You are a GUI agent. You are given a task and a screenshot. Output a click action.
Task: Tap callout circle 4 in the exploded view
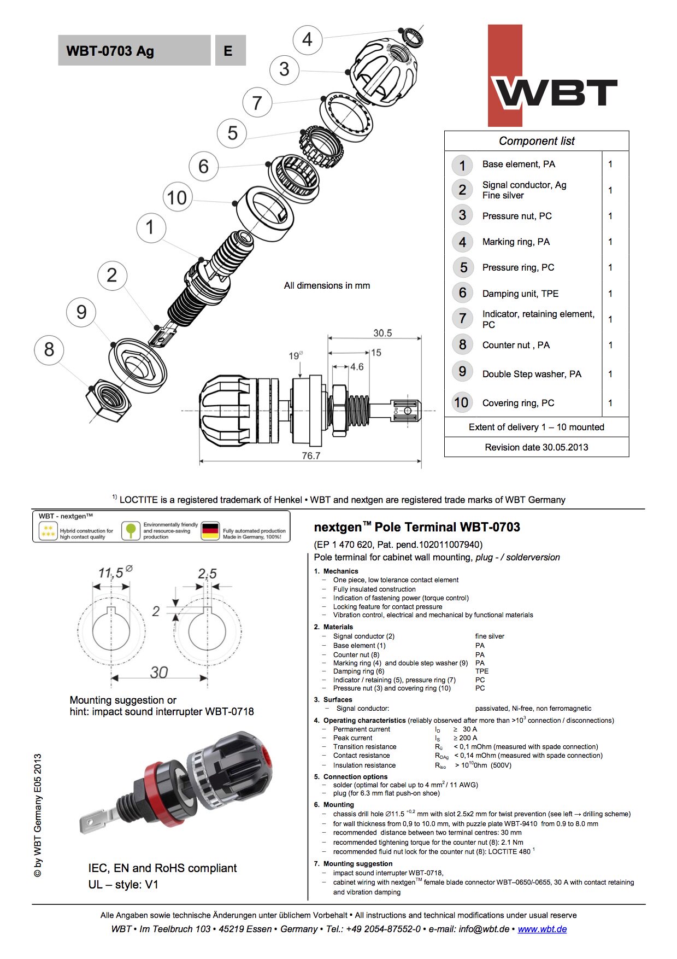308,39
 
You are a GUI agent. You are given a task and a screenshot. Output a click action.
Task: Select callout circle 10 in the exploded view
177,197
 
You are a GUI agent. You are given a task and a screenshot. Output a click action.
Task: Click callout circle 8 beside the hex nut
49,349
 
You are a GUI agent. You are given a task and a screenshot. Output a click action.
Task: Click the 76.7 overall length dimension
311,455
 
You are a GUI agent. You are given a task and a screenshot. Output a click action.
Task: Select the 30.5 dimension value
382,333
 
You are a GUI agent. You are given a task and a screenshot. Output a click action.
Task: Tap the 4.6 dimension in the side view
357,367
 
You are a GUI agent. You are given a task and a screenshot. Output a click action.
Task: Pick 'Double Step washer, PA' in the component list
532,374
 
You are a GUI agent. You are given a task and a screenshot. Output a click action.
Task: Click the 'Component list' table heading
537,141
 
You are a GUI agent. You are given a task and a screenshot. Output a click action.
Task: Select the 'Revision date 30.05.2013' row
537,447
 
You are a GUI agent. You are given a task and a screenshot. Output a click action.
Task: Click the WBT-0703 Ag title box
134,51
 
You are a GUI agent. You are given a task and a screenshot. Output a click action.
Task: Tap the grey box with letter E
230,51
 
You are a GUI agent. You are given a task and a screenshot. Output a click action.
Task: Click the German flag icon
210,530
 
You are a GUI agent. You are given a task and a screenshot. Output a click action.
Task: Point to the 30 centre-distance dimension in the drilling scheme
159,673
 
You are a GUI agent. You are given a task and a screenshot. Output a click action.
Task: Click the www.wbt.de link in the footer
542,929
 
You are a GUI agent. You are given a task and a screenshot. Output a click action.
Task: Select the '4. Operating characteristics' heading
364,721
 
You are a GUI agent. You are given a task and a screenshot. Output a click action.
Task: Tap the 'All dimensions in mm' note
327,285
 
